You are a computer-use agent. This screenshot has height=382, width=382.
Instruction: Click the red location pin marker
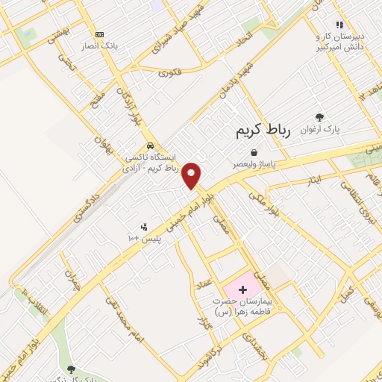tap(192, 175)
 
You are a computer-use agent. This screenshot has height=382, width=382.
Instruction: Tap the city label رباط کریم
tap(262, 131)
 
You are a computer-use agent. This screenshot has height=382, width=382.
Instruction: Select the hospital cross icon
tap(242, 288)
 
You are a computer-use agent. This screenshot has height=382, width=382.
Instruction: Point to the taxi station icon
tap(151, 145)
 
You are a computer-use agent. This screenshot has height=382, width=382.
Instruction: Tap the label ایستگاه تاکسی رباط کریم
tap(151, 163)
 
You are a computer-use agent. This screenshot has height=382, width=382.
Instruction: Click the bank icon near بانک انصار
tap(98, 34)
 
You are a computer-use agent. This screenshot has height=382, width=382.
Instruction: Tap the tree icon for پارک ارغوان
tap(319, 116)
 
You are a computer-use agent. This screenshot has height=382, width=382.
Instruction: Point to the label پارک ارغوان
tap(321, 128)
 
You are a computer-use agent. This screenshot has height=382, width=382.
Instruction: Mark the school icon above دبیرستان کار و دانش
tap(339, 25)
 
